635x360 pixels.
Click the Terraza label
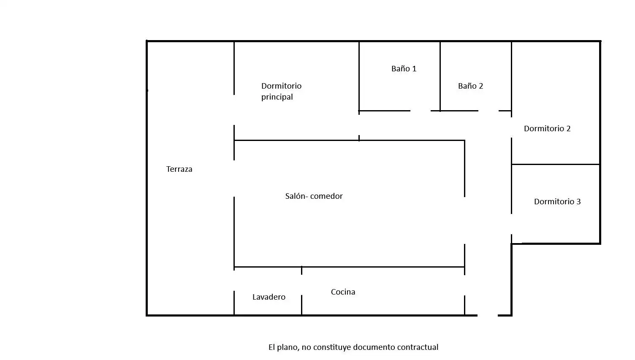179,169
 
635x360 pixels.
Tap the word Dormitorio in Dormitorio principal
281,86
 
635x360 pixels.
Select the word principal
277,97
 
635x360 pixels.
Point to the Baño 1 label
404,69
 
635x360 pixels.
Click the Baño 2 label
470,86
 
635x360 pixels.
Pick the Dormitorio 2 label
547,129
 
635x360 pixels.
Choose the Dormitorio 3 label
557,202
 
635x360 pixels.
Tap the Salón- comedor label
314,196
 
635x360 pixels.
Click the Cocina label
343,292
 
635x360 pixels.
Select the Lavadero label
269,297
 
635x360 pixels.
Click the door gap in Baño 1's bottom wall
421,111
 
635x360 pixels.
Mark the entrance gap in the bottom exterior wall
488,315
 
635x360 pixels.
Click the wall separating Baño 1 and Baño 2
440,76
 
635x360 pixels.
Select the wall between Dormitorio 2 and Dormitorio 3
556,164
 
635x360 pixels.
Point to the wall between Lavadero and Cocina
301,290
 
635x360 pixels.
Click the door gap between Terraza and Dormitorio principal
234,110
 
